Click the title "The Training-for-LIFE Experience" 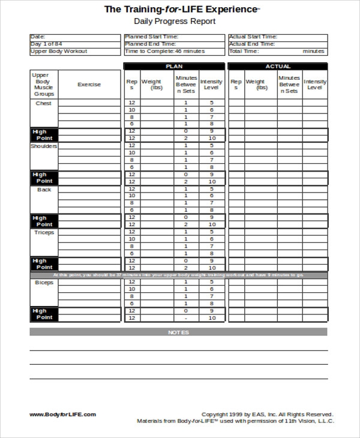click(x=181, y=9)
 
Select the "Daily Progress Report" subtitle click(x=174, y=22)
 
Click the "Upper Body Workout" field click(x=58, y=51)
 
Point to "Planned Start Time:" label click(x=151, y=37)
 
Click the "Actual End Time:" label click(x=252, y=44)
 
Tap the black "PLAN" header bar click(x=174, y=67)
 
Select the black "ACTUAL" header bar click(x=277, y=67)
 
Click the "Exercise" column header click(x=89, y=85)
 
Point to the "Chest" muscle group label click(x=44, y=103)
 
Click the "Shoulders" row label click(x=44, y=146)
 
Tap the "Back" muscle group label click(x=44, y=190)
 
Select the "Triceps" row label click(x=44, y=232)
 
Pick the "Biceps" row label click(x=44, y=282)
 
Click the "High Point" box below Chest click(x=44, y=135)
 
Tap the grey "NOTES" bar click(x=178, y=332)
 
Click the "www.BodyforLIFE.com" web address click(x=62, y=414)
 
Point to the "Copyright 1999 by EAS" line click(x=267, y=414)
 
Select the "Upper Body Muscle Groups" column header click(x=44, y=85)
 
